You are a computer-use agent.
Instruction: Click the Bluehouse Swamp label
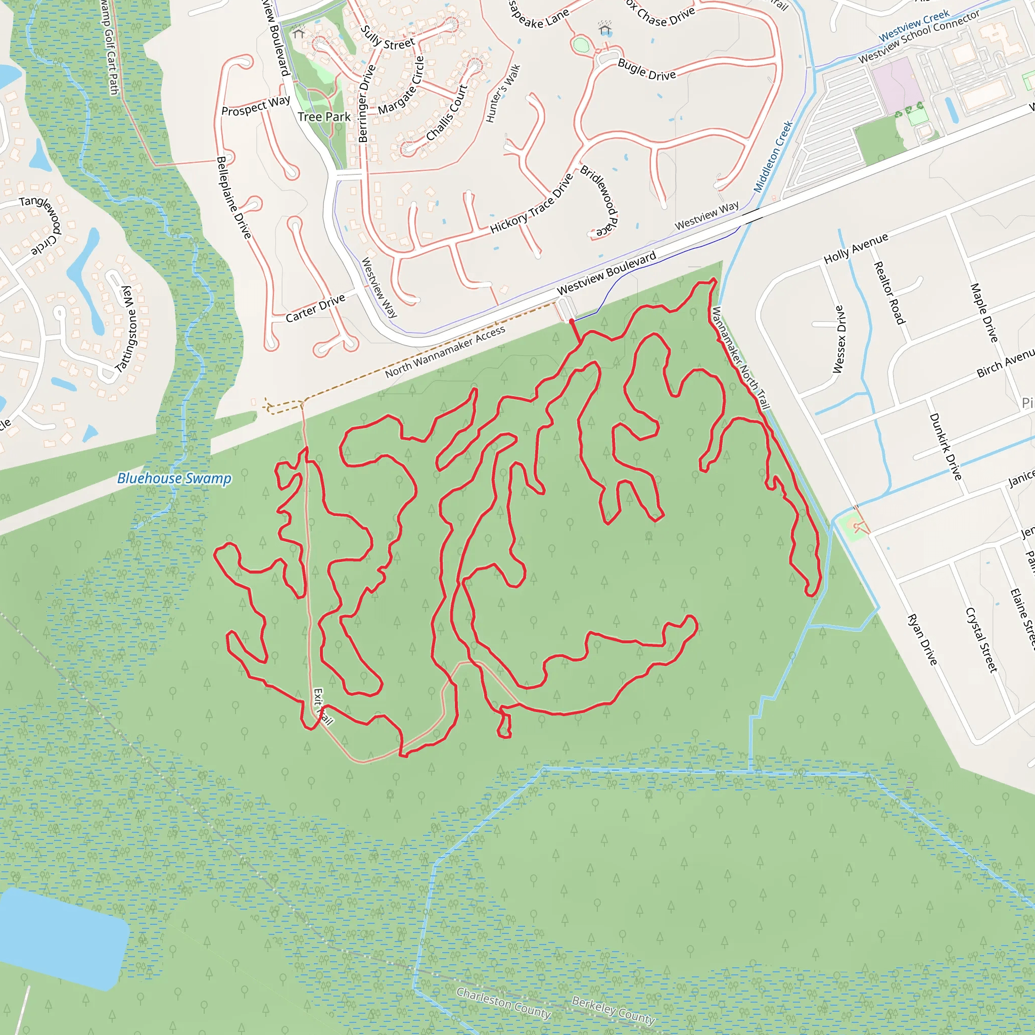[174, 478]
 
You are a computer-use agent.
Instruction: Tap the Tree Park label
[324, 117]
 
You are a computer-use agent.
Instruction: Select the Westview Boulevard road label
[606, 273]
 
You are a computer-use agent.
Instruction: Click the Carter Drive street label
[315, 309]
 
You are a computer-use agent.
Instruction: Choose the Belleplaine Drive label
[233, 197]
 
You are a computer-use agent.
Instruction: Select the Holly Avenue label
[856, 248]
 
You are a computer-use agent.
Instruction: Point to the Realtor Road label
[889, 293]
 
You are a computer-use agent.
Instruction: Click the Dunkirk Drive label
[945, 446]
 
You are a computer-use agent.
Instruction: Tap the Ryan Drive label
[922, 640]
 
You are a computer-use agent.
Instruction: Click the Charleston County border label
[503, 1003]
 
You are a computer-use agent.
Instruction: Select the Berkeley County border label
[613, 1010]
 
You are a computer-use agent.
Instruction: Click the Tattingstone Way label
[127, 329]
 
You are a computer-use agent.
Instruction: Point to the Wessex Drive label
[839, 339]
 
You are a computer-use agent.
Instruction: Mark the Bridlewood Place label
[600, 202]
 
